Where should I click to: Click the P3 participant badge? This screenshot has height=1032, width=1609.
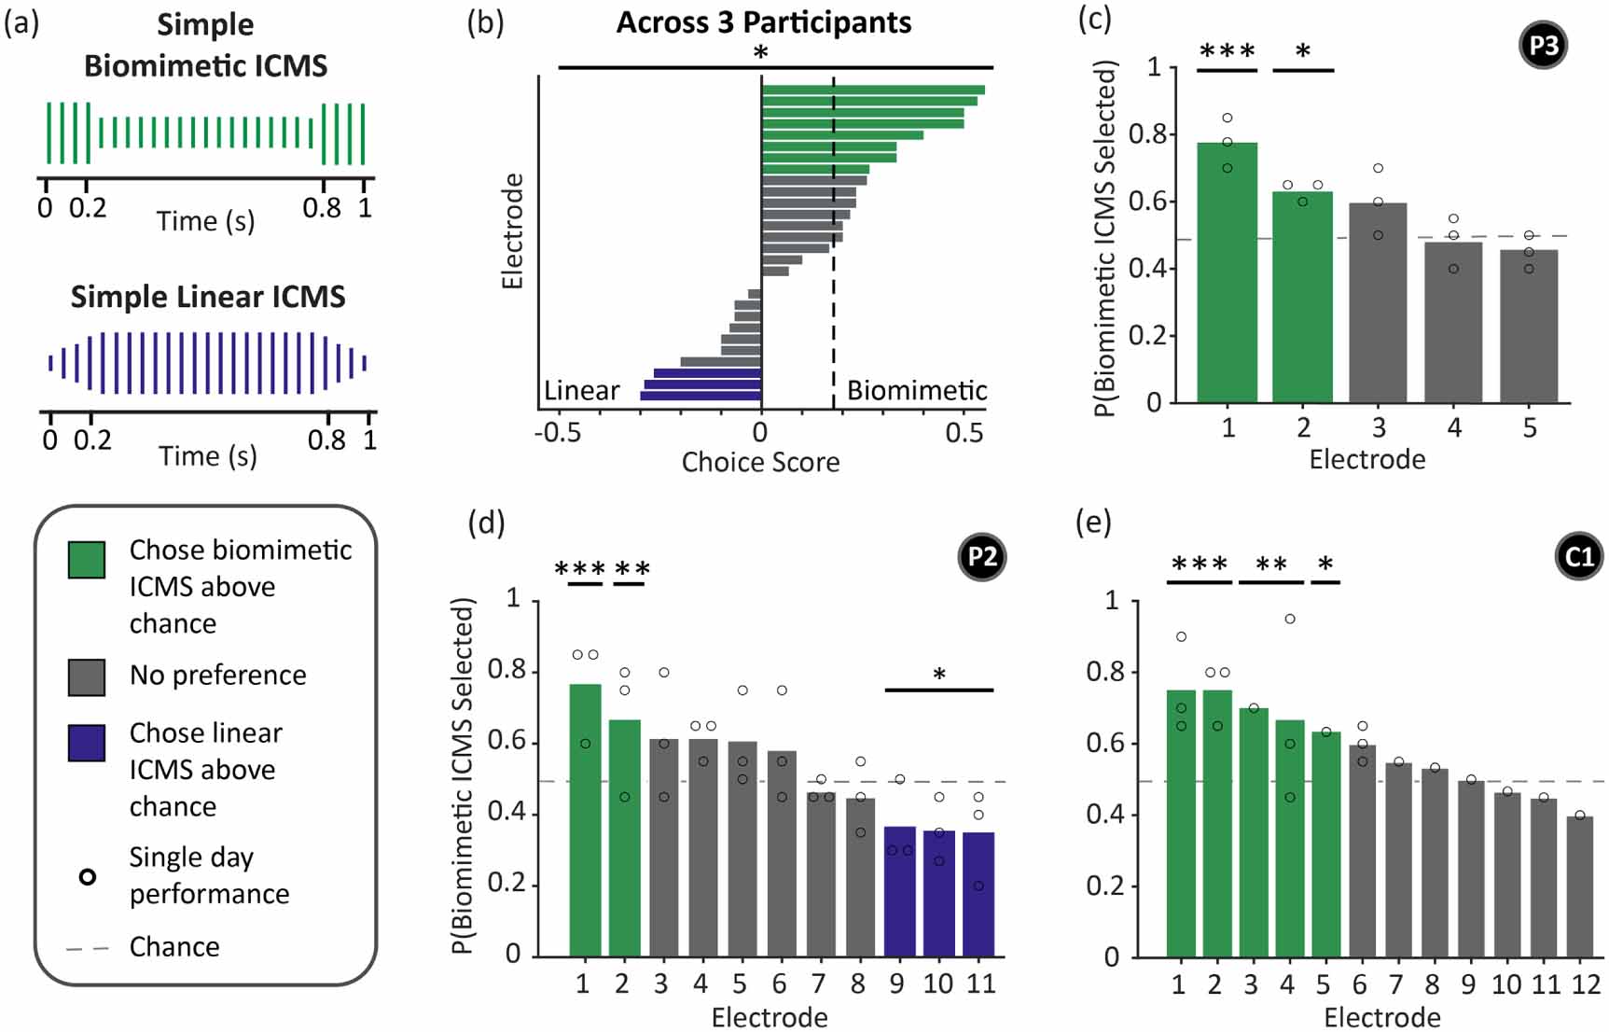[x=1543, y=46]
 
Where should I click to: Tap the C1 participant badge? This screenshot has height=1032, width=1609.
[x=1578, y=557]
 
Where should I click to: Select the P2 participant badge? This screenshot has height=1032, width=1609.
[x=981, y=557]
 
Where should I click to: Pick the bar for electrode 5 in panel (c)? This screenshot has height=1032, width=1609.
[x=1528, y=326]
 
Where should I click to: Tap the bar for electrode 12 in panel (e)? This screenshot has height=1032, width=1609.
[x=1580, y=886]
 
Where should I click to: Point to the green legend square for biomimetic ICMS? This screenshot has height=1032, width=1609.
[x=87, y=560]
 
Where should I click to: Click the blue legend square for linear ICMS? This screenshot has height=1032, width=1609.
[x=87, y=743]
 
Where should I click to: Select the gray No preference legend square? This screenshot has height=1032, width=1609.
[x=87, y=677]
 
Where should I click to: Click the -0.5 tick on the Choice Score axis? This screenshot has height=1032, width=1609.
[x=557, y=433]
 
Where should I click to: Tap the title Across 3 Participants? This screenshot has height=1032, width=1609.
[x=763, y=22]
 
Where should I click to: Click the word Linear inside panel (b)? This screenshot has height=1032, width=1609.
[x=581, y=390]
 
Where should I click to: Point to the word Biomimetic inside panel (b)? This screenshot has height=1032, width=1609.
[x=916, y=390]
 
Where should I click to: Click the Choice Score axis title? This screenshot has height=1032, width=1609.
[x=760, y=462]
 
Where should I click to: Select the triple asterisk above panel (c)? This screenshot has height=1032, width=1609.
[x=1227, y=52]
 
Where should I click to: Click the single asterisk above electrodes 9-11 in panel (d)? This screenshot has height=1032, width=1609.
[x=939, y=674]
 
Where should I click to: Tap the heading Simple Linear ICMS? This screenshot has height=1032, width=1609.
[x=208, y=297]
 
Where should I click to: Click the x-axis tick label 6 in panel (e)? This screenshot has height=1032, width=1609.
[x=1359, y=984]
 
